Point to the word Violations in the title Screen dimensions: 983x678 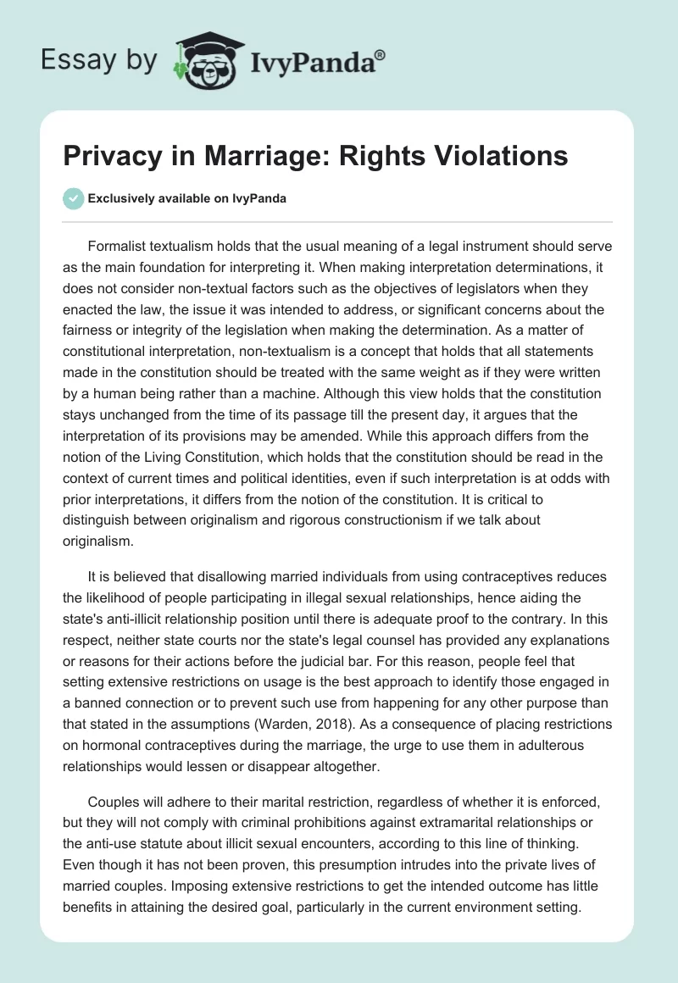[495, 157]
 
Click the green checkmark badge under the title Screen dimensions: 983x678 [74, 198]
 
